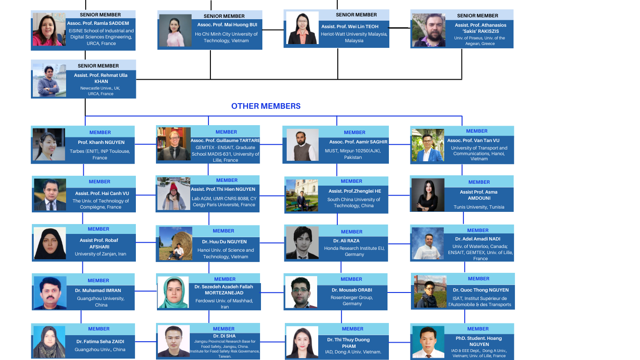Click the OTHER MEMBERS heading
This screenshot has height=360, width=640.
tap(266, 106)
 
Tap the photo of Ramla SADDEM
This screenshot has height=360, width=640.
tap(49, 29)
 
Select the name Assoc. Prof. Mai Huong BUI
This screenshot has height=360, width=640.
tap(227, 24)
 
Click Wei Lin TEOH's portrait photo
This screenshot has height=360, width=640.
tap(302, 28)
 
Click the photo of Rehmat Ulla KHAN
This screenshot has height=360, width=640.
tap(49, 80)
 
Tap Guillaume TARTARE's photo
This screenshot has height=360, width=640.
tap(174, 144)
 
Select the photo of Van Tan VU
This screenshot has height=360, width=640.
tap(427, 145)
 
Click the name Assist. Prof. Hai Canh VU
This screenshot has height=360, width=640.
tap(102, 193)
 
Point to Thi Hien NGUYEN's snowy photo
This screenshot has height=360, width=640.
tap(174, 193)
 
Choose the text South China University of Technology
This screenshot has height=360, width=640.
tap(354, 202)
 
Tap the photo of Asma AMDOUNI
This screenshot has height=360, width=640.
tap(428, 195)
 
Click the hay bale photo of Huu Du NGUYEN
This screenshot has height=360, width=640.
tap(176, 243)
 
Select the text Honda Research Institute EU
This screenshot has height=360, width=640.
tap(354, 251)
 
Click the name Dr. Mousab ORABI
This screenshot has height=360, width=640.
tap(352, 290)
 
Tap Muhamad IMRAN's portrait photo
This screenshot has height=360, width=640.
tap(50, 293)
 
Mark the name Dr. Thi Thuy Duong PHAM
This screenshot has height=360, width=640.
tap(349, 343)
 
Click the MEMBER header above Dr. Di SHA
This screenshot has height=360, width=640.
tap(223, 329)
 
